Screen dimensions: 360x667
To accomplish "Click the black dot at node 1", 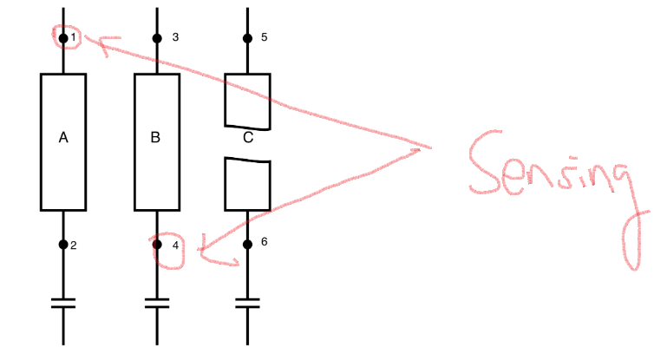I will [63, 38].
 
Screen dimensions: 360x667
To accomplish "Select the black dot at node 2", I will [63, 245].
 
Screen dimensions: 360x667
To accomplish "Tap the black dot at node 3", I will [157, 38].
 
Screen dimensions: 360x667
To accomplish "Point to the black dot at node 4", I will [157, 245].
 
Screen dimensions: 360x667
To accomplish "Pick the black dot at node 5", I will [247, 38].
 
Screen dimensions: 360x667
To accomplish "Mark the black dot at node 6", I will [247, 245].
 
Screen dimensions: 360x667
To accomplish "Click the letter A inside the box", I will [63, 137].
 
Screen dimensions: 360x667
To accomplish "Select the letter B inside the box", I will [155, 137].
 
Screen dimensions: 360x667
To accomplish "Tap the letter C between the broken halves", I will [248, 137].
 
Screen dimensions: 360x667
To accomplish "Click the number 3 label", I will [175, 37].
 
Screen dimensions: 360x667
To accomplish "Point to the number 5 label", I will [265, 37].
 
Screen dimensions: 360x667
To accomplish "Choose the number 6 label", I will [264, 242].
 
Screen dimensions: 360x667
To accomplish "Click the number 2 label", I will [74, 245].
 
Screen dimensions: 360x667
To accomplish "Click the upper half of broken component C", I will [248, 100].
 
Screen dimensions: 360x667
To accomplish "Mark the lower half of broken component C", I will [248, 184].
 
